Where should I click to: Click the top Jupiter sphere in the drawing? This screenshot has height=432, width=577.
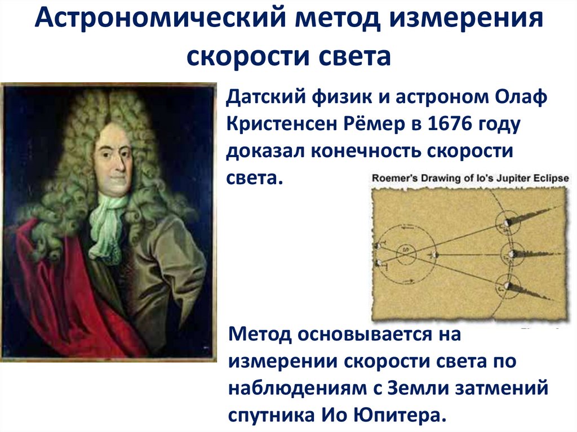click(505, 222)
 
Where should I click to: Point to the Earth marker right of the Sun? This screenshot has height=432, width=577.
click(434, 255)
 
